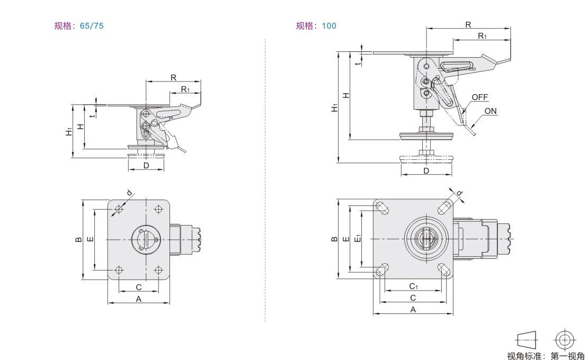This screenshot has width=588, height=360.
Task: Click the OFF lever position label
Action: click(x=479, y=97)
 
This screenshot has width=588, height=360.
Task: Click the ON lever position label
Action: click(x=491, y=111)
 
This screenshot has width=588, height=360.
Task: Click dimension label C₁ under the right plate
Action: click(x=414, y=286)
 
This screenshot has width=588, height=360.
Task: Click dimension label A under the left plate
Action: click(x=139, y=299)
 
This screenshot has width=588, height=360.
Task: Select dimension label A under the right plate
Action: click(x=413, y=310)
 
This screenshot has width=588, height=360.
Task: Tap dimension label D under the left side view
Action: click(x=146, y=166)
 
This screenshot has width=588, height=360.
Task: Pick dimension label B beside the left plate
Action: click(x=78, y=240)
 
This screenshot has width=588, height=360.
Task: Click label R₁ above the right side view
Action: click(x=482, y=35)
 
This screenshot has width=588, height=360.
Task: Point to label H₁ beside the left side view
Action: click(x=69, y=131)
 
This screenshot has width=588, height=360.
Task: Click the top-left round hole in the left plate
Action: click(x=119, y=210)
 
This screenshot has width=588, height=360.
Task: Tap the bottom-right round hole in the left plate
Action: click(x=158, y=271)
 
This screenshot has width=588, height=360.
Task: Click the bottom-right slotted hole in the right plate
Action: click(x=445, y=271)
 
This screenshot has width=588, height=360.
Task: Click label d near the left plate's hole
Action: click(x=129, y=193)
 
